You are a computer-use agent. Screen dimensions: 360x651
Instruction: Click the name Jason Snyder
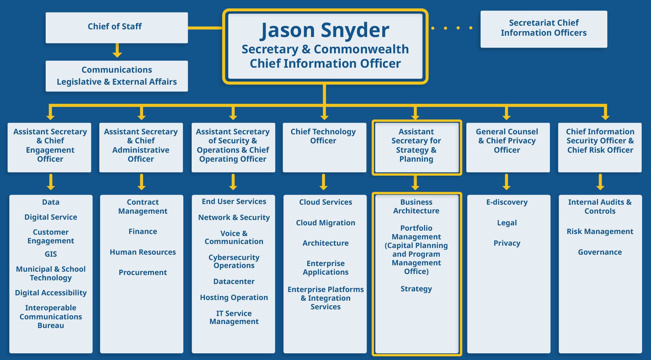point(324,30)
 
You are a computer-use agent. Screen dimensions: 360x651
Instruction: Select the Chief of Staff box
point(116,27)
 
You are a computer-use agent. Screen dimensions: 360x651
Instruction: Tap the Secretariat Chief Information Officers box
point(543,29)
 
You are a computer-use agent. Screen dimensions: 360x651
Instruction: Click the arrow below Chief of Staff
point(117,50)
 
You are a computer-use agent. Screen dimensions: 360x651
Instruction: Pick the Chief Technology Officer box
point(324,147)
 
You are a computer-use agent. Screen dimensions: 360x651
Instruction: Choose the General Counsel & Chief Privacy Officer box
point(507,147)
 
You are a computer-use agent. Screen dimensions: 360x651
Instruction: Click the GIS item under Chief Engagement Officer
point(51,254)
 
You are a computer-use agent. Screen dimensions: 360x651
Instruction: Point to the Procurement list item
point(143,272)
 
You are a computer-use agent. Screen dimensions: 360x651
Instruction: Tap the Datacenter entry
point(234,281)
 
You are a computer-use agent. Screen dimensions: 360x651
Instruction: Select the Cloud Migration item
point(325,223)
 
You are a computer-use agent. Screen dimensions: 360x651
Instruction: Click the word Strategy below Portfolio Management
point(416,289)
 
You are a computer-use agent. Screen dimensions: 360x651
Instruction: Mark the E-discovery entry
point(507,202)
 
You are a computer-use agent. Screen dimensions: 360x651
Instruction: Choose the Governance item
point(600,252)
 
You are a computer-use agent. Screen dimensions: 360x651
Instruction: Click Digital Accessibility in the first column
point(51,293)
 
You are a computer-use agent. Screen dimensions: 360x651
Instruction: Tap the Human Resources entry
point(143,252)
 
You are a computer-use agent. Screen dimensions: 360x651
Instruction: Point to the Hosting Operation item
point(234,297)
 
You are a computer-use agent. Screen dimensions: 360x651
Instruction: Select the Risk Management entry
point(600,231)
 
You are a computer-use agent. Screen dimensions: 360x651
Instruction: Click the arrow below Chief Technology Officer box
point(324,182)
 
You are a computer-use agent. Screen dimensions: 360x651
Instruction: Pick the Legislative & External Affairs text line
point(117,82)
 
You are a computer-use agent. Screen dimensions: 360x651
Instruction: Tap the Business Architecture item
point(416,206)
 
